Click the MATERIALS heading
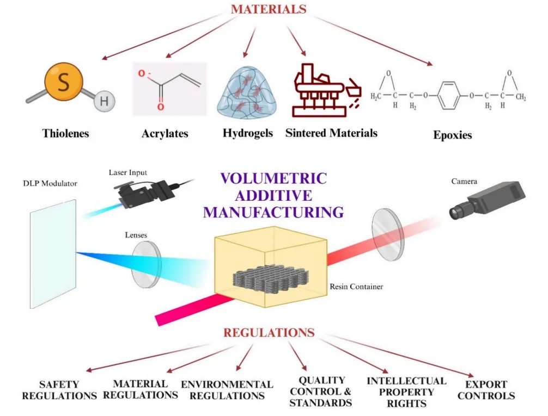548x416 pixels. click(x=269, y=9)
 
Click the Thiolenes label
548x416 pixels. click(x=65, y=133)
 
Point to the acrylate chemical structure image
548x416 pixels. click(x=170, y=89)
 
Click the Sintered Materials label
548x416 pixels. click(x=331, y=133)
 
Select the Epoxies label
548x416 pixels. click(x=452, y=135)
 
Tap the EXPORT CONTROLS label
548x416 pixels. click(x=486, y=390)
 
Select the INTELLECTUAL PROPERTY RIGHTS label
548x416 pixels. click(x=406, y=392)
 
